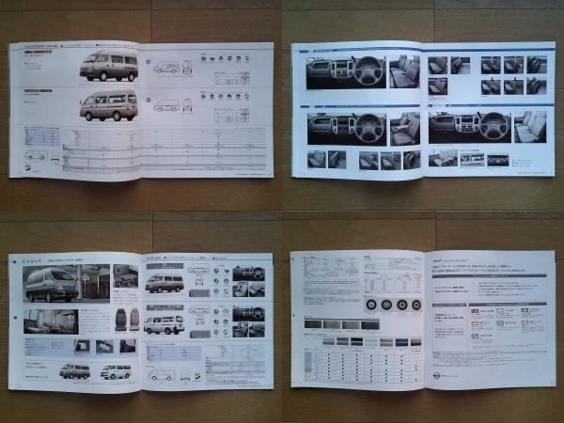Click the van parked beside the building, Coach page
point(53,285)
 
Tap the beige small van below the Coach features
point(74,370)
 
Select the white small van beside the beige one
point(116,370)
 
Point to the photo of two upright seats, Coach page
point(126,319)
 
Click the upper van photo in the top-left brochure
point(109,66)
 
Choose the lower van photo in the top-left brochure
point(108,105)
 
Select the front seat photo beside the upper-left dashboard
point(404,70)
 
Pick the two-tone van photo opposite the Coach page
point(164,282)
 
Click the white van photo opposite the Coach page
point(164,324)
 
